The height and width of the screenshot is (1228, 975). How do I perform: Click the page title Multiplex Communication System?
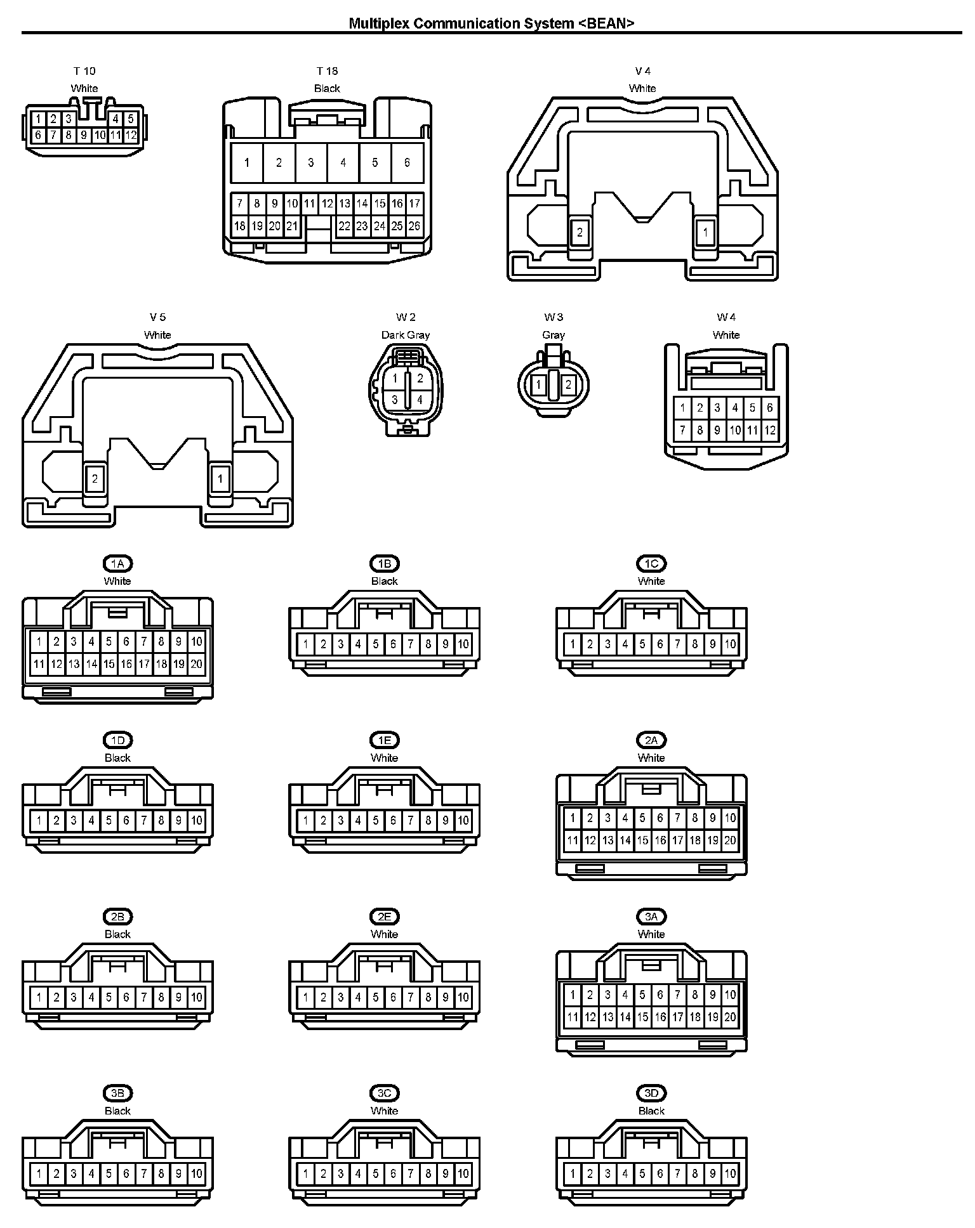[x=492, y=23]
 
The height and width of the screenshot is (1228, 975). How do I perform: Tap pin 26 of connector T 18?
[x=414, y=226]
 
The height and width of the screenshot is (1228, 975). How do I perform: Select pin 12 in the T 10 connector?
[x=131, y=135]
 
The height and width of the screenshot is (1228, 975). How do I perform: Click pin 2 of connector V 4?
[x=580, y=233]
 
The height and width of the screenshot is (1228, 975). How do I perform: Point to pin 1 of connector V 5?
[x=220, y=479]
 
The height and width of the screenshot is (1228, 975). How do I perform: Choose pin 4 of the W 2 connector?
[x=420, y=400]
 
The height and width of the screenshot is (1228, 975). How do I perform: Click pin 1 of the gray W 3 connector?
[x=539, y=385]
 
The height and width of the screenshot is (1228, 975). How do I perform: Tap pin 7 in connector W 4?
[x=682, y=431]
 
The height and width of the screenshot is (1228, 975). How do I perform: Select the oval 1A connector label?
[x=117, y=563]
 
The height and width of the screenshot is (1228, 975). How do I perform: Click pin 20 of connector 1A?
[x=197, y=664]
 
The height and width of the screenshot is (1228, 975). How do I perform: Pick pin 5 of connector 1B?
[x=376, y=644]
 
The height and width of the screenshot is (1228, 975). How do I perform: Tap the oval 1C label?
[x=651, y=563]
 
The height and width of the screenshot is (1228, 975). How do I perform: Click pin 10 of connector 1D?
[x=197, y=821]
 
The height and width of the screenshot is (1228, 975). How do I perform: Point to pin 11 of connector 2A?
[x=573, y=840]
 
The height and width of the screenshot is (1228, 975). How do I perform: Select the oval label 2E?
[x=384, y=917]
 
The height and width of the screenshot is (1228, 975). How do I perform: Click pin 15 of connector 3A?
[x=642, y=1017]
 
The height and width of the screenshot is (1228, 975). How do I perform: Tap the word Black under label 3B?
[x=117, y=1111]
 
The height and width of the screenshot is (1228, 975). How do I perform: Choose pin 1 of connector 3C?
[x=306, y=1174]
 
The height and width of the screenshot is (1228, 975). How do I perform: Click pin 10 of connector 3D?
[x=730, y=1174]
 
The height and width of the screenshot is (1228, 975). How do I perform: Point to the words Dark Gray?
[x=406, y=335]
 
